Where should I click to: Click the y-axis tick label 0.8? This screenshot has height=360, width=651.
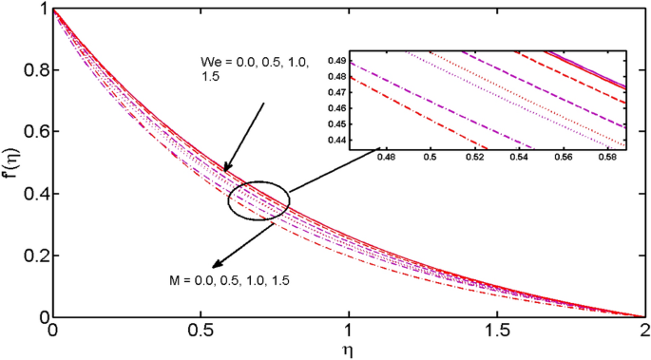(35, 71)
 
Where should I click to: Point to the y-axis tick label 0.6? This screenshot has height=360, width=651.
(35, 133)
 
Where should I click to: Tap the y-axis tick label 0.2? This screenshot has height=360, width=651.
(35, 256)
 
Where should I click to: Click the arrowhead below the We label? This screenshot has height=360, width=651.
(225, 171)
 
